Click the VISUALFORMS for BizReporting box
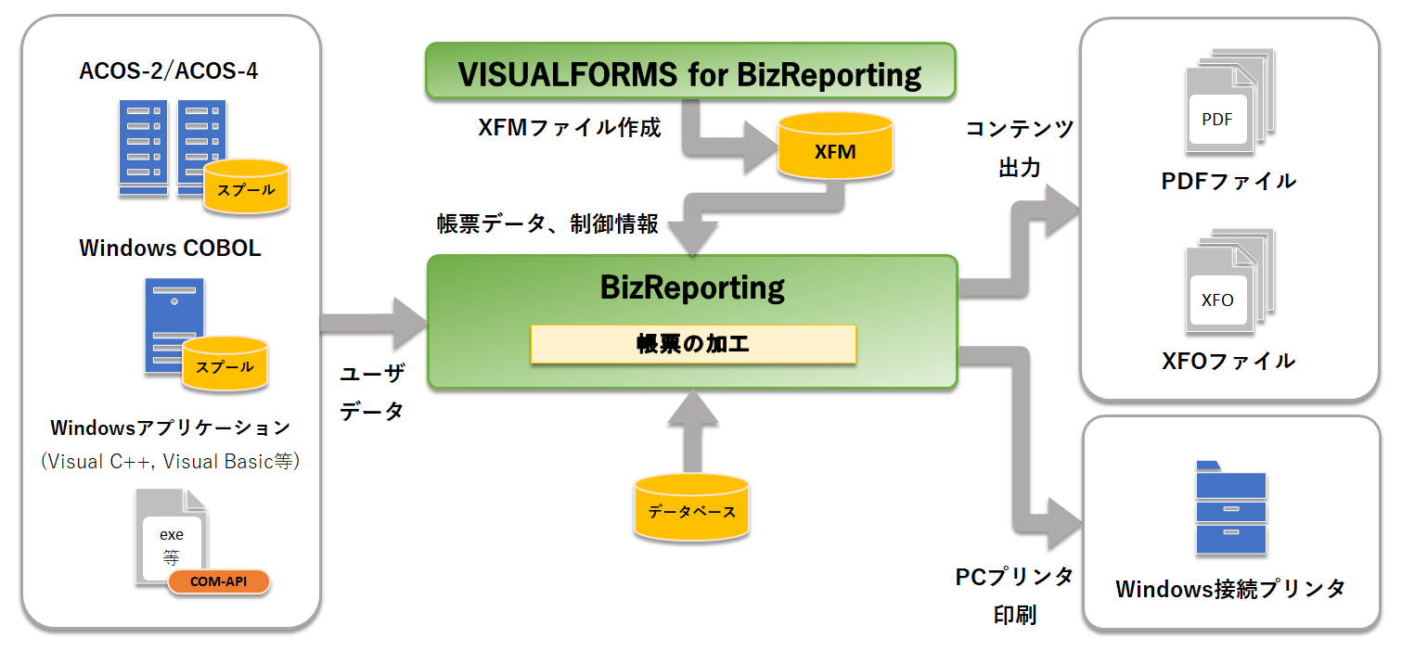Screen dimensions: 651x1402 pos(690,71)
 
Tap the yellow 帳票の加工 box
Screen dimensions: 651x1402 pos(692,344)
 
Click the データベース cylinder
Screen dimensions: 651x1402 pos(691,508)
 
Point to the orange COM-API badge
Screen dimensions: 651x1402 pos(218,581)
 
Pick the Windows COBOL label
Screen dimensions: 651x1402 pos(170,249)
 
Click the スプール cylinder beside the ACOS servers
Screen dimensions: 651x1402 pos(246,187)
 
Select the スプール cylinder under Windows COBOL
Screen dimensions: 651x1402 pos(225,364)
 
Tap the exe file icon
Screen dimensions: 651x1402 pos(170,538)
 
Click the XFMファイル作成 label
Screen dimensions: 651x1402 pos(569,128)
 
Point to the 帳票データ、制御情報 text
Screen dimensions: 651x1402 pos(547,224)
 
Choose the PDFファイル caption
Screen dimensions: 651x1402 pos(1228,182)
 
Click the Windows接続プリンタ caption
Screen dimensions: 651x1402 pos(1229,589)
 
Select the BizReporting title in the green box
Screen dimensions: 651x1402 pos(692,287)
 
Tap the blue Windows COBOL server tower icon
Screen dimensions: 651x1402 pos(172,325)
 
